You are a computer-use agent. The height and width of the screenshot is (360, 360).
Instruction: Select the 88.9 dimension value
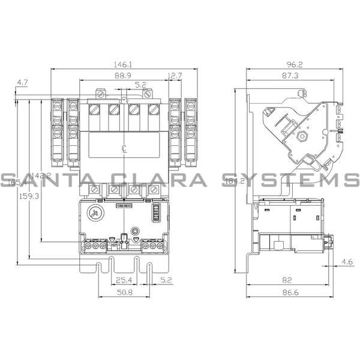(x=124, y=75)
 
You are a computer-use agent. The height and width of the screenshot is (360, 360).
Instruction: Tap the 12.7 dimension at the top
(x=175, y=75)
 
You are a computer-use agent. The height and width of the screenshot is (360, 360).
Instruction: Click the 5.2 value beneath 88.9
(x=140, y=85)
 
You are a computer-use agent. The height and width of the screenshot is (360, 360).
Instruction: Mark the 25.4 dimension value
(x=124, y=280)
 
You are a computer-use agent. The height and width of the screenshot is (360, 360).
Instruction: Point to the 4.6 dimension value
(x=347, y=262)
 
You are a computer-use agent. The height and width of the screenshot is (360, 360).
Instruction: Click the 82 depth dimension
(x=289, y=280)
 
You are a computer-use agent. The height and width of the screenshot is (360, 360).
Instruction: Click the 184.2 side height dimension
(x=231, y=181)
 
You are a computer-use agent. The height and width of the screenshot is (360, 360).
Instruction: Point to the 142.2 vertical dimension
(x=41, y=175)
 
